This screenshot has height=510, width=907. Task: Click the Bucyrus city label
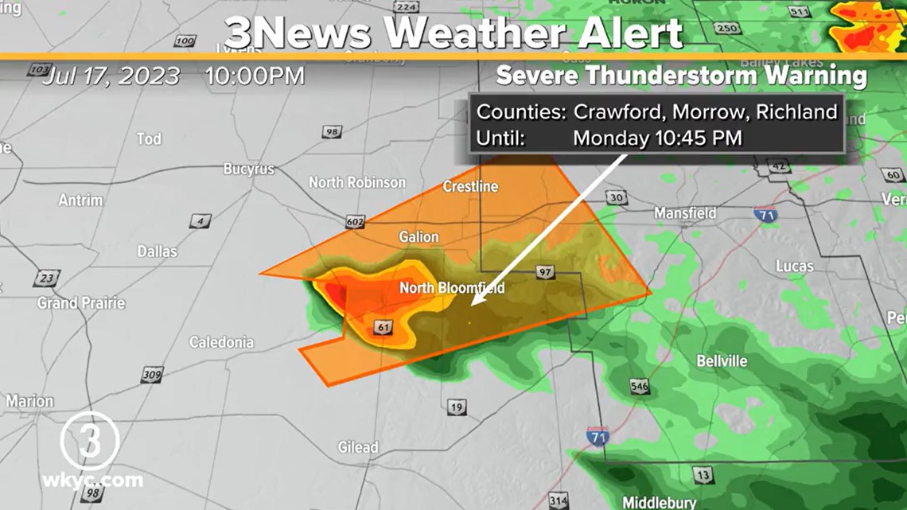[x=248, y=169]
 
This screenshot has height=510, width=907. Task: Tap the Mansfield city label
[x=685, y=213]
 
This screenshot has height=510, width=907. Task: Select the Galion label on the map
[x=418, y=237]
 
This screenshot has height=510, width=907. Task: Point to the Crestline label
[x=470, y=187]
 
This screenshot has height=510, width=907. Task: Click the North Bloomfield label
[x=451, y=288]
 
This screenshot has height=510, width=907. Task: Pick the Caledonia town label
[x=221, y=343]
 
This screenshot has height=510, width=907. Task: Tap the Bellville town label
[x=722, y=361]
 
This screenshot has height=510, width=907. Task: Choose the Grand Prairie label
[x=81, y=303]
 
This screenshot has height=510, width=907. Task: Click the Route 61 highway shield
[x=383, y=327]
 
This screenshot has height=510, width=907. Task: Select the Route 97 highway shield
[x=544, y=272]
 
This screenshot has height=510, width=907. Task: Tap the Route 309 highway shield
[x=151, y=375]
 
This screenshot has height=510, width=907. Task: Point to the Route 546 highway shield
[x=639, y=387]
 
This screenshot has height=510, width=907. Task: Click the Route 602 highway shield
[x=355, y=223]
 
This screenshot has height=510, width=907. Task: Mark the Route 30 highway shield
[x=615, y=198]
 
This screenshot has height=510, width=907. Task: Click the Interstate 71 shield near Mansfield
[x=765, y=214]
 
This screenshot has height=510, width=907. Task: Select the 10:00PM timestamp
[x=255, y=76]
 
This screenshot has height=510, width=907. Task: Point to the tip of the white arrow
[x=472, y=304]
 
